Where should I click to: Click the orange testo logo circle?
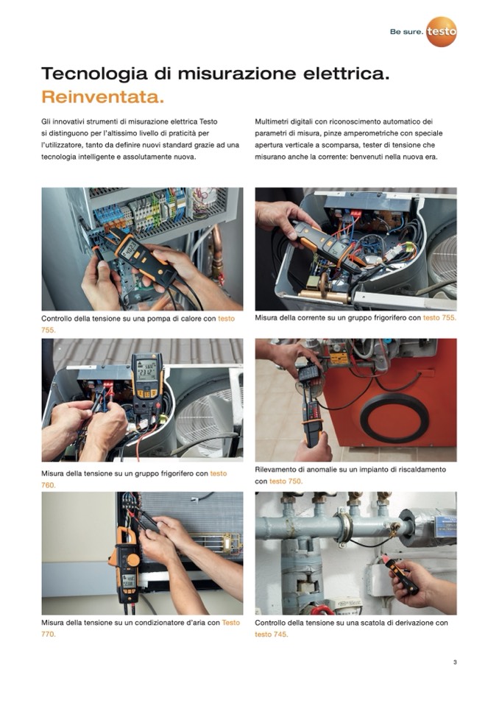pyautogui.click(x=442, y=32)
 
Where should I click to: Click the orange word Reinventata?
pyautogui.click(x=102, y=96)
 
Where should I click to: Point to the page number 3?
pyautogui.click(x=455, y=662)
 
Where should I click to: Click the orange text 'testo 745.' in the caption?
pyautogui.click(x=272, y=635)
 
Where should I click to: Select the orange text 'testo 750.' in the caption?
pyautogui.click(x=286, y=481)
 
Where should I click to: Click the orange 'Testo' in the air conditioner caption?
pyautogui.click(x=231, y=623)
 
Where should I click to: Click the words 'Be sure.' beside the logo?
pyautogui.click(x=406, y=32)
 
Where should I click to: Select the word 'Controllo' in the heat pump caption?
pyautogui.click(x=56, y=318)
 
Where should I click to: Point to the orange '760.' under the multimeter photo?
pyautogui.click(x=49, y=485)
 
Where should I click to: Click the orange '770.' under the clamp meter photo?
pyautogui.click(x=49, y=635)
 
